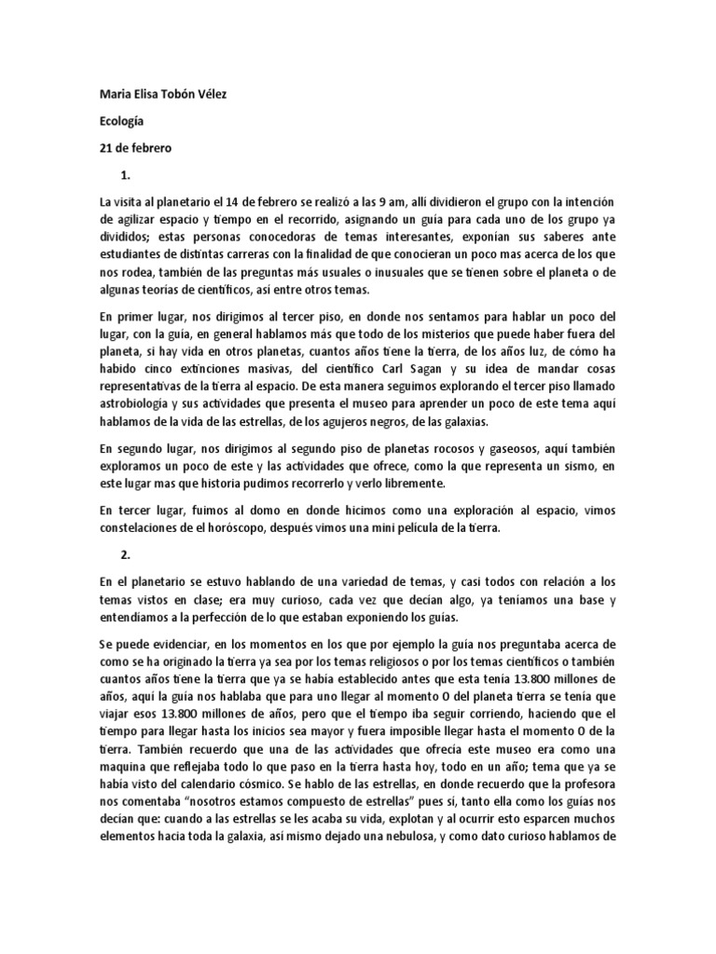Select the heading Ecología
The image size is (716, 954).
(x=121, y=121)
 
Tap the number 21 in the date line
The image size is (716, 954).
(x=106, y=148)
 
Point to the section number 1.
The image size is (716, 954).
(x=125, y=175)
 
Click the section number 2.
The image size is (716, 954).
(x=125, y=554)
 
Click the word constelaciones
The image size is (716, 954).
(x=144, y=528)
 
